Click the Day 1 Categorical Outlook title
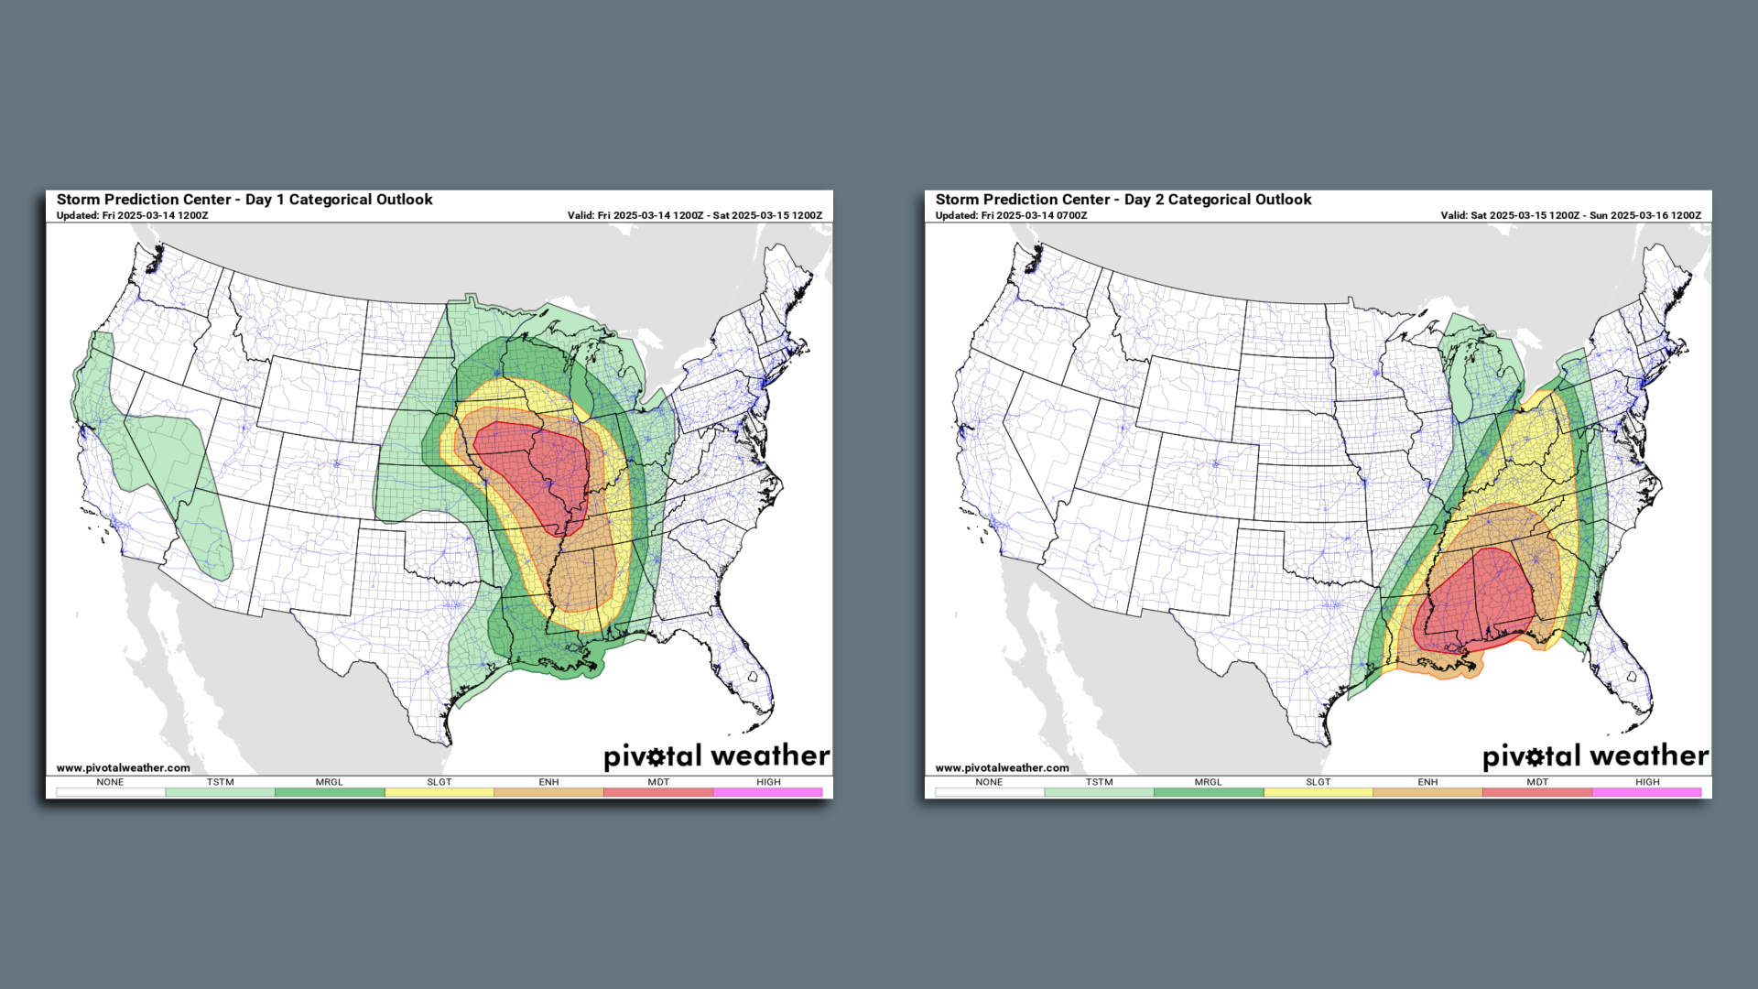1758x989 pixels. [x=244, y=200]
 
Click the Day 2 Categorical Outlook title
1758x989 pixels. [x=1123, y=200]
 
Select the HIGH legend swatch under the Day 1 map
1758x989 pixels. [x=768, y=792]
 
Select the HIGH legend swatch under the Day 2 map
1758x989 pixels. [x=1647, y=792]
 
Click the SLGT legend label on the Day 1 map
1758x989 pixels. [x=439, y=782]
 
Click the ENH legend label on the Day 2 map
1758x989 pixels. [x=1427, y=782]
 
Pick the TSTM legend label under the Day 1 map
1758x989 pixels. [x=220, y=782]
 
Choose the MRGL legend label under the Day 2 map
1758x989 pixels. [x=1208, y=782]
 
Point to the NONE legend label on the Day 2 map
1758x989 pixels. [x=989, y=782]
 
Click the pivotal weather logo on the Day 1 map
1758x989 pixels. [x=716, y=756]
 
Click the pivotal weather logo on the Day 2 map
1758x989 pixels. [x=1595, y=756]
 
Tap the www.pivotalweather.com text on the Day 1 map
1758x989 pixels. [x=124, y=768]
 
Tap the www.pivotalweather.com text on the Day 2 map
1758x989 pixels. [x=1003, y=768]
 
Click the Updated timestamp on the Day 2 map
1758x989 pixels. [x=1011, y=216]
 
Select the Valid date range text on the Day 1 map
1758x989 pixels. [x=694, y=216]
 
